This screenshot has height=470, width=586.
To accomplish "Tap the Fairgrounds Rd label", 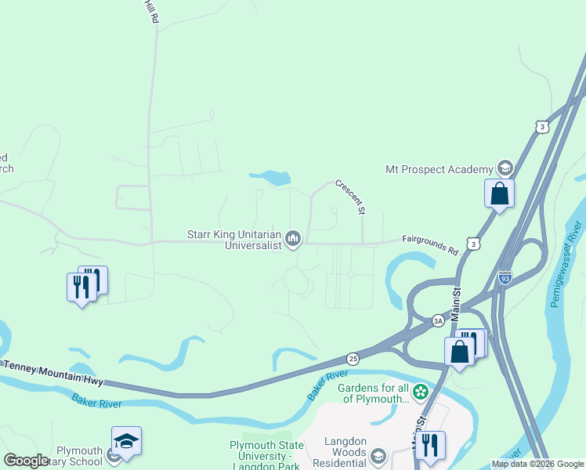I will [x=430, y=245].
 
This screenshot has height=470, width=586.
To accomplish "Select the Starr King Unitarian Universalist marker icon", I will [x=293, y=238].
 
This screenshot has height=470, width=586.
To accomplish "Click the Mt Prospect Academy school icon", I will [x=505, y=168].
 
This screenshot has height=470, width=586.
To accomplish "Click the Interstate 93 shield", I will [x=505, y=277].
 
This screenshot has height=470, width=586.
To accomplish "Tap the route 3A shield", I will [x=438, y=320].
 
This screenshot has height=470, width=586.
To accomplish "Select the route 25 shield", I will [x=353, y=357].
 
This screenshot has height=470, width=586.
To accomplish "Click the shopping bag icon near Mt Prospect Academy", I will [x=499, y=193].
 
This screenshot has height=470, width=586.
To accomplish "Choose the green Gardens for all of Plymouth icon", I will [x=421, y=390].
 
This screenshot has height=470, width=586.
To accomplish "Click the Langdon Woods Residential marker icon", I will [x=379, y=455].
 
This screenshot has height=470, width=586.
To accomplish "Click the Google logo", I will [x=27, y=461].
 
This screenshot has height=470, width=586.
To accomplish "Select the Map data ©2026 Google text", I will [x=538, y=464].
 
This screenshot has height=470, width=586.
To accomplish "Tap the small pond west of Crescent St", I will [x=272, y=178].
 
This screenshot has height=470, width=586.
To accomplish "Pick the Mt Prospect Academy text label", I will [x=439, y=168].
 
